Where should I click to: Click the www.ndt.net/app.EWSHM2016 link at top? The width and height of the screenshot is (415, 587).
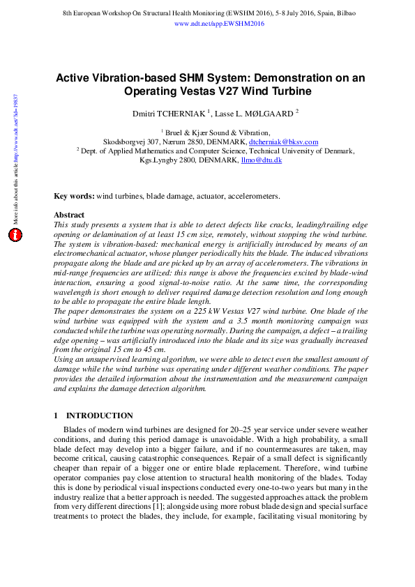[x=218, y=24]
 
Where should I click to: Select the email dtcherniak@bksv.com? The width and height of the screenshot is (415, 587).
[x=283, y=142]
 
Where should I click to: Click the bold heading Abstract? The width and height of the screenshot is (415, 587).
[x=69, y=215]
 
